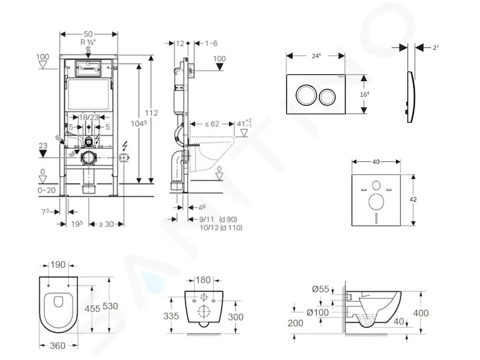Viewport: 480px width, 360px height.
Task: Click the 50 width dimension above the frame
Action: [x=88, y=34]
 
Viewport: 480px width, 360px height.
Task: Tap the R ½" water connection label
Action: [x=88, y=42]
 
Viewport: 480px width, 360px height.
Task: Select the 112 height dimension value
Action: [x=151, y=113]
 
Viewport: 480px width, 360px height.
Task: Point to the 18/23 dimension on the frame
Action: [x=89, y=117]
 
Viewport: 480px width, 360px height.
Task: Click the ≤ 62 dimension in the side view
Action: [x=212, y=124]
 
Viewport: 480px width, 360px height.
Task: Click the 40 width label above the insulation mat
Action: [x=376, y=161]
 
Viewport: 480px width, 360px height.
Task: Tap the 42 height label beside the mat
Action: [x=413, y=200]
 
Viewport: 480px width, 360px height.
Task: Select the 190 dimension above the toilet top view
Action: [x=58, y=265]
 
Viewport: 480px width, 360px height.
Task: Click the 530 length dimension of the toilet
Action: [x=110, y=306]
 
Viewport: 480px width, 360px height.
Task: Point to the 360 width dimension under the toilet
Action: [x=58, y=346]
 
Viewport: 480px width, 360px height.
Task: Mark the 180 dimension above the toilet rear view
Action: [x=203, y=280]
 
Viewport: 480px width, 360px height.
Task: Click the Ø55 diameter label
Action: [x=320, y=289]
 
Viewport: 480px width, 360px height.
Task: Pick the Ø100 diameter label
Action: [x=318, y=312]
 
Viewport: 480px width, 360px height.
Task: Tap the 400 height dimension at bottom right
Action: [x=421, y=313]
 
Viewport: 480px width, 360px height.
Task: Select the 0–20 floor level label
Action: [x=47, y=190]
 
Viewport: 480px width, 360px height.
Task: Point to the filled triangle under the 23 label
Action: [x=43, y=154]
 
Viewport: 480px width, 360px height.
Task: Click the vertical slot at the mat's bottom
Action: [x=376, y=217]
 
